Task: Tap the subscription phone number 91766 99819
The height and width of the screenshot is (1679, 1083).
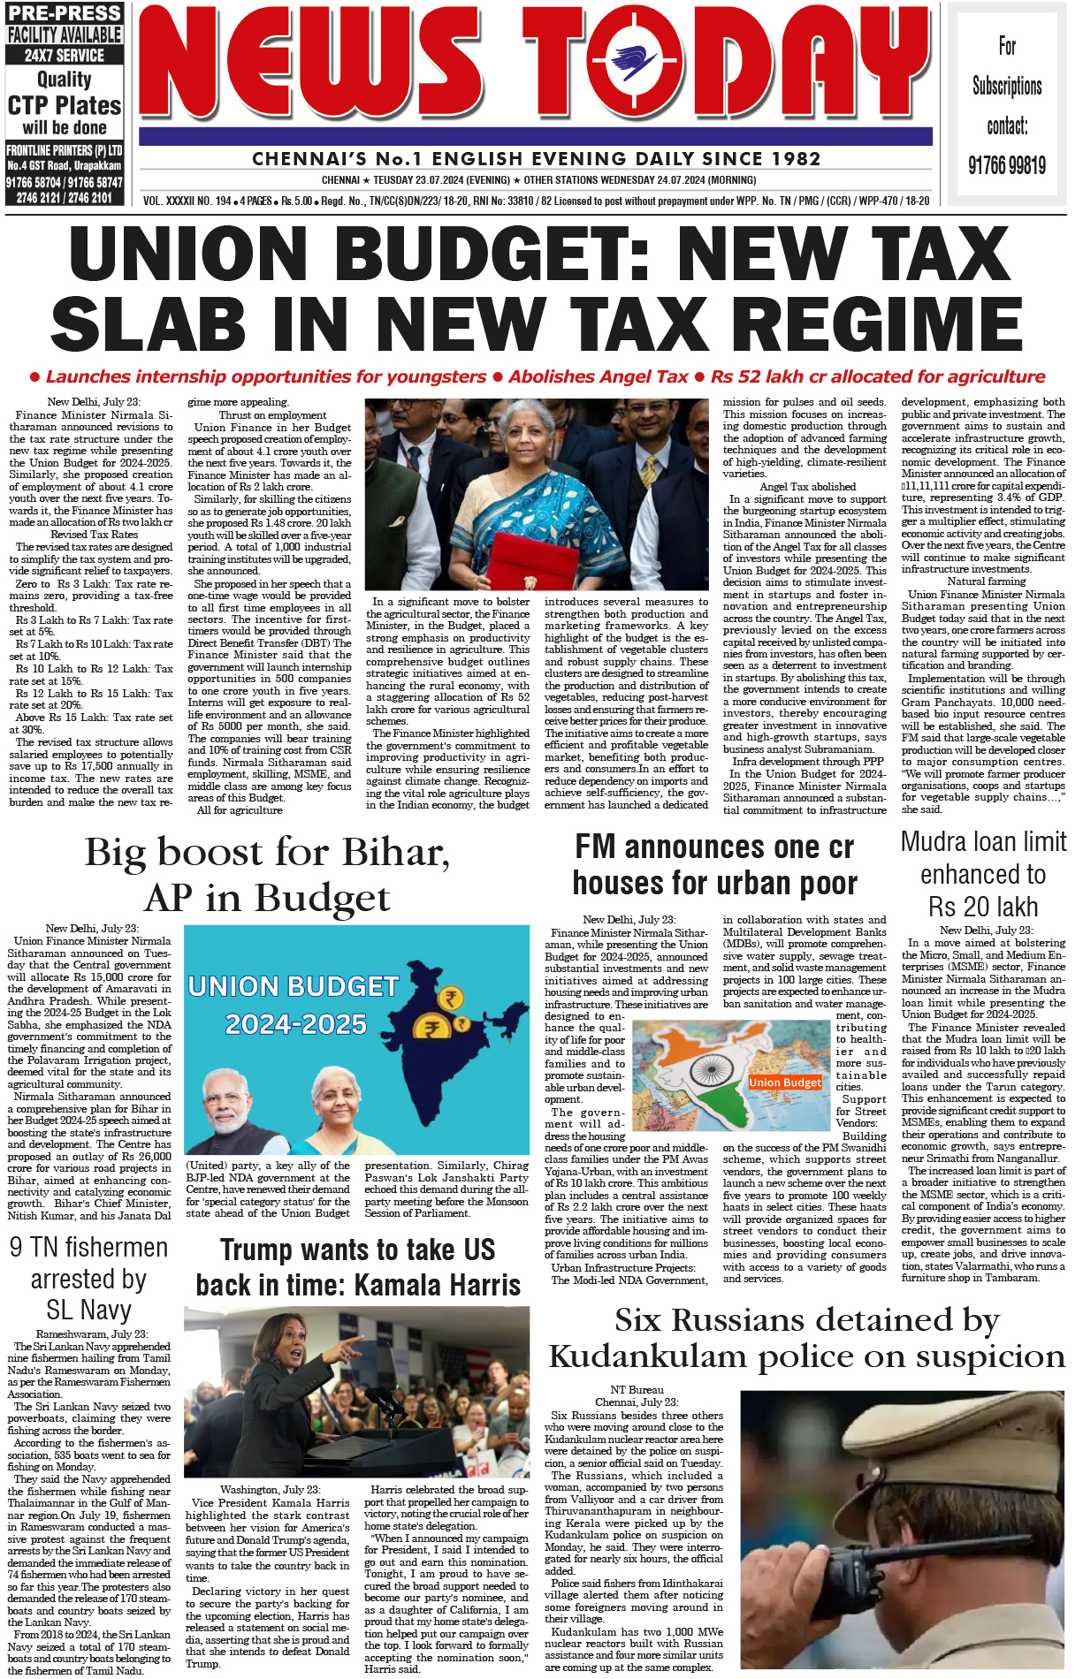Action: pyautogui.click(x=1006, y=165)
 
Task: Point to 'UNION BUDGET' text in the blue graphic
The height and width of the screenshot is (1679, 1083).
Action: pyautogui.click(x=293, y=986)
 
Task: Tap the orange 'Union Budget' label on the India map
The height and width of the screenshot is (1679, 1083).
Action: pyautogui.click(x=784, y=1082)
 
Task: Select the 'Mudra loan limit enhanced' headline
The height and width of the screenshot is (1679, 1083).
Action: pyautogui.click(x=983, y=874)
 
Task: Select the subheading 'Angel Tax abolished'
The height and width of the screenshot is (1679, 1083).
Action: pyautogui.click(x=807, y=487)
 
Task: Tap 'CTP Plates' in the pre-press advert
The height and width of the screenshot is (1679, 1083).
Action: pyautogui.click(x=65, y=106)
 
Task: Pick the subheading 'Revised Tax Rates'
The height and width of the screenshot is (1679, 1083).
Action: pyautogui.click(x=94, y=535)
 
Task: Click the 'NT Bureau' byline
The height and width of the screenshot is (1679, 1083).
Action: pyautogui.click(x=637, y=1390)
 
